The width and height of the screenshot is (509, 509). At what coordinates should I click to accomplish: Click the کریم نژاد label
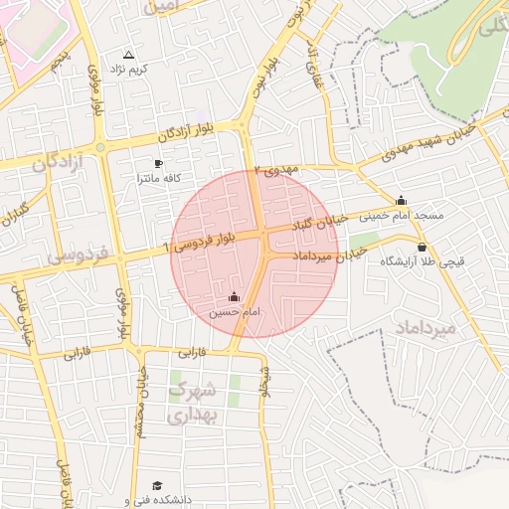pos(135,69)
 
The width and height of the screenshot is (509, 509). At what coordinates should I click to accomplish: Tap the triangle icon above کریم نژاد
pos(128,55)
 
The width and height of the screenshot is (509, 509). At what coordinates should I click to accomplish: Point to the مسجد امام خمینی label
pos(401,215)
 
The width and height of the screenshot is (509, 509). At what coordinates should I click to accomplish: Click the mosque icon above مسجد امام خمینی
pos(401,200)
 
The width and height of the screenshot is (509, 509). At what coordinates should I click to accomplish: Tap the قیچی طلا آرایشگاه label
pos(422,262)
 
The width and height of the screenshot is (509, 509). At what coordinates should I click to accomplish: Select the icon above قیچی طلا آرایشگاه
pos(422,248)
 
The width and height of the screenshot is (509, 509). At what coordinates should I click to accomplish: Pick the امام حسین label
pos(234,311)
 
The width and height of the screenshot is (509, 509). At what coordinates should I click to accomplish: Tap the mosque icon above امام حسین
pos(234,296)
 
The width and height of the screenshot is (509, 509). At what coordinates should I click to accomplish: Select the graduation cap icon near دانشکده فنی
pos(127,487)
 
